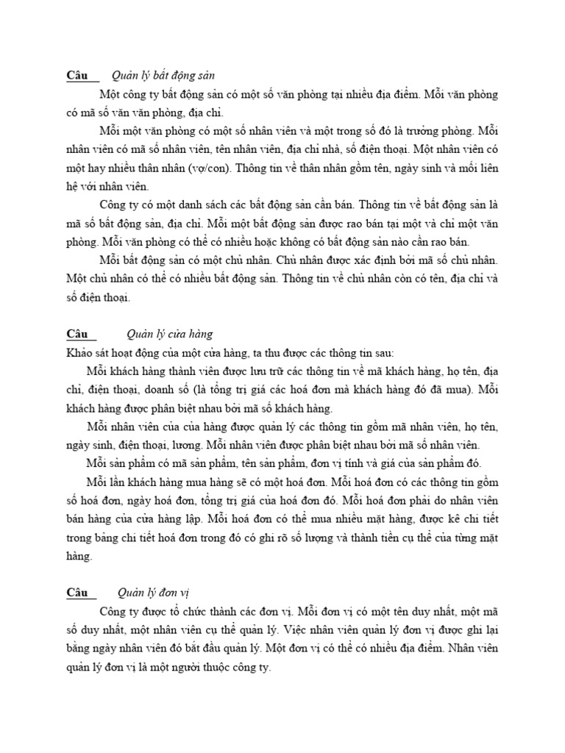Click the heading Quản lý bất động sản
163,76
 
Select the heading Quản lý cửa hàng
169,335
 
